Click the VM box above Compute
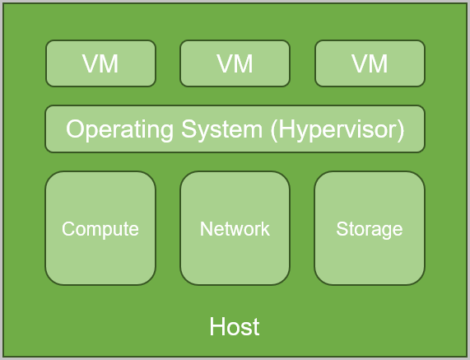[100, 63]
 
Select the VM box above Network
[235, 63]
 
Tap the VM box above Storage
[370, 63]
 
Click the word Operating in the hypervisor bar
[119, 130]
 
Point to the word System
[221, 130]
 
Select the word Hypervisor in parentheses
[337, 130]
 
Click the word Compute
[100, 230]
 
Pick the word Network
[235, 229]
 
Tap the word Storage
[370, 230]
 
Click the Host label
[235, 326]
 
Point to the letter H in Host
[216, 326]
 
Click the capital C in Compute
[68, 229]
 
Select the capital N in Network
[207, 229]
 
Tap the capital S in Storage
[342, 229]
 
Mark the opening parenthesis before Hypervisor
[274, 130]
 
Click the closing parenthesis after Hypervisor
[401, 130]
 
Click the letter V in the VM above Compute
[91, 63]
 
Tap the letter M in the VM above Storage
[379, 63]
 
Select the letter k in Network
[265, 229]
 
